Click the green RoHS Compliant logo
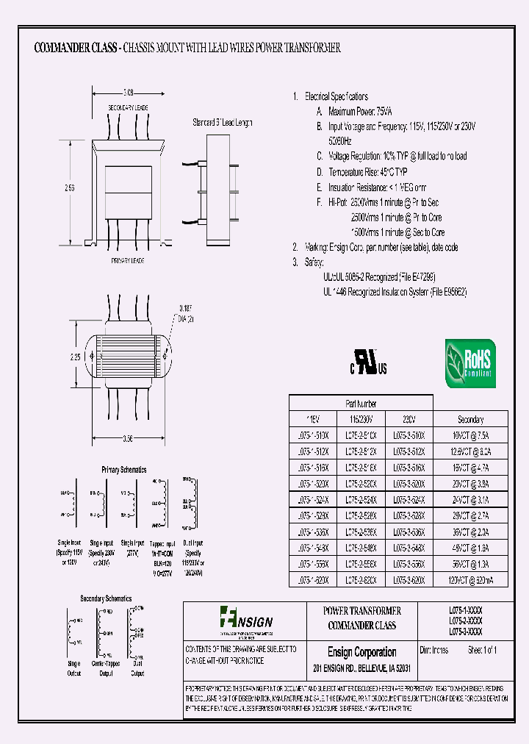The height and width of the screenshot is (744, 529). click(470, 363)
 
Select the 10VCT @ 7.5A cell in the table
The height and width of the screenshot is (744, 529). click(470, 435)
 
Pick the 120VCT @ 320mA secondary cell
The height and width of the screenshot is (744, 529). click(470, 579)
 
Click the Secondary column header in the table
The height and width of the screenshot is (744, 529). click(470, 419)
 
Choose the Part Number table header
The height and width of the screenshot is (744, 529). click(361, 404)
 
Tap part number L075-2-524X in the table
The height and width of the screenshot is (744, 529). click(361, 499)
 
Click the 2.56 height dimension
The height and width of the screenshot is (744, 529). click(69, 188)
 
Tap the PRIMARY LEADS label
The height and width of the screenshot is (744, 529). click(127, 261)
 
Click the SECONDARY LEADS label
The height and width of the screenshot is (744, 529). click(127, 107)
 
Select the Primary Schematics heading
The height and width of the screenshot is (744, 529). click(123, 469)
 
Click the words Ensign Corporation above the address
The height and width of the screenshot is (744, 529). click(361, 652)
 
